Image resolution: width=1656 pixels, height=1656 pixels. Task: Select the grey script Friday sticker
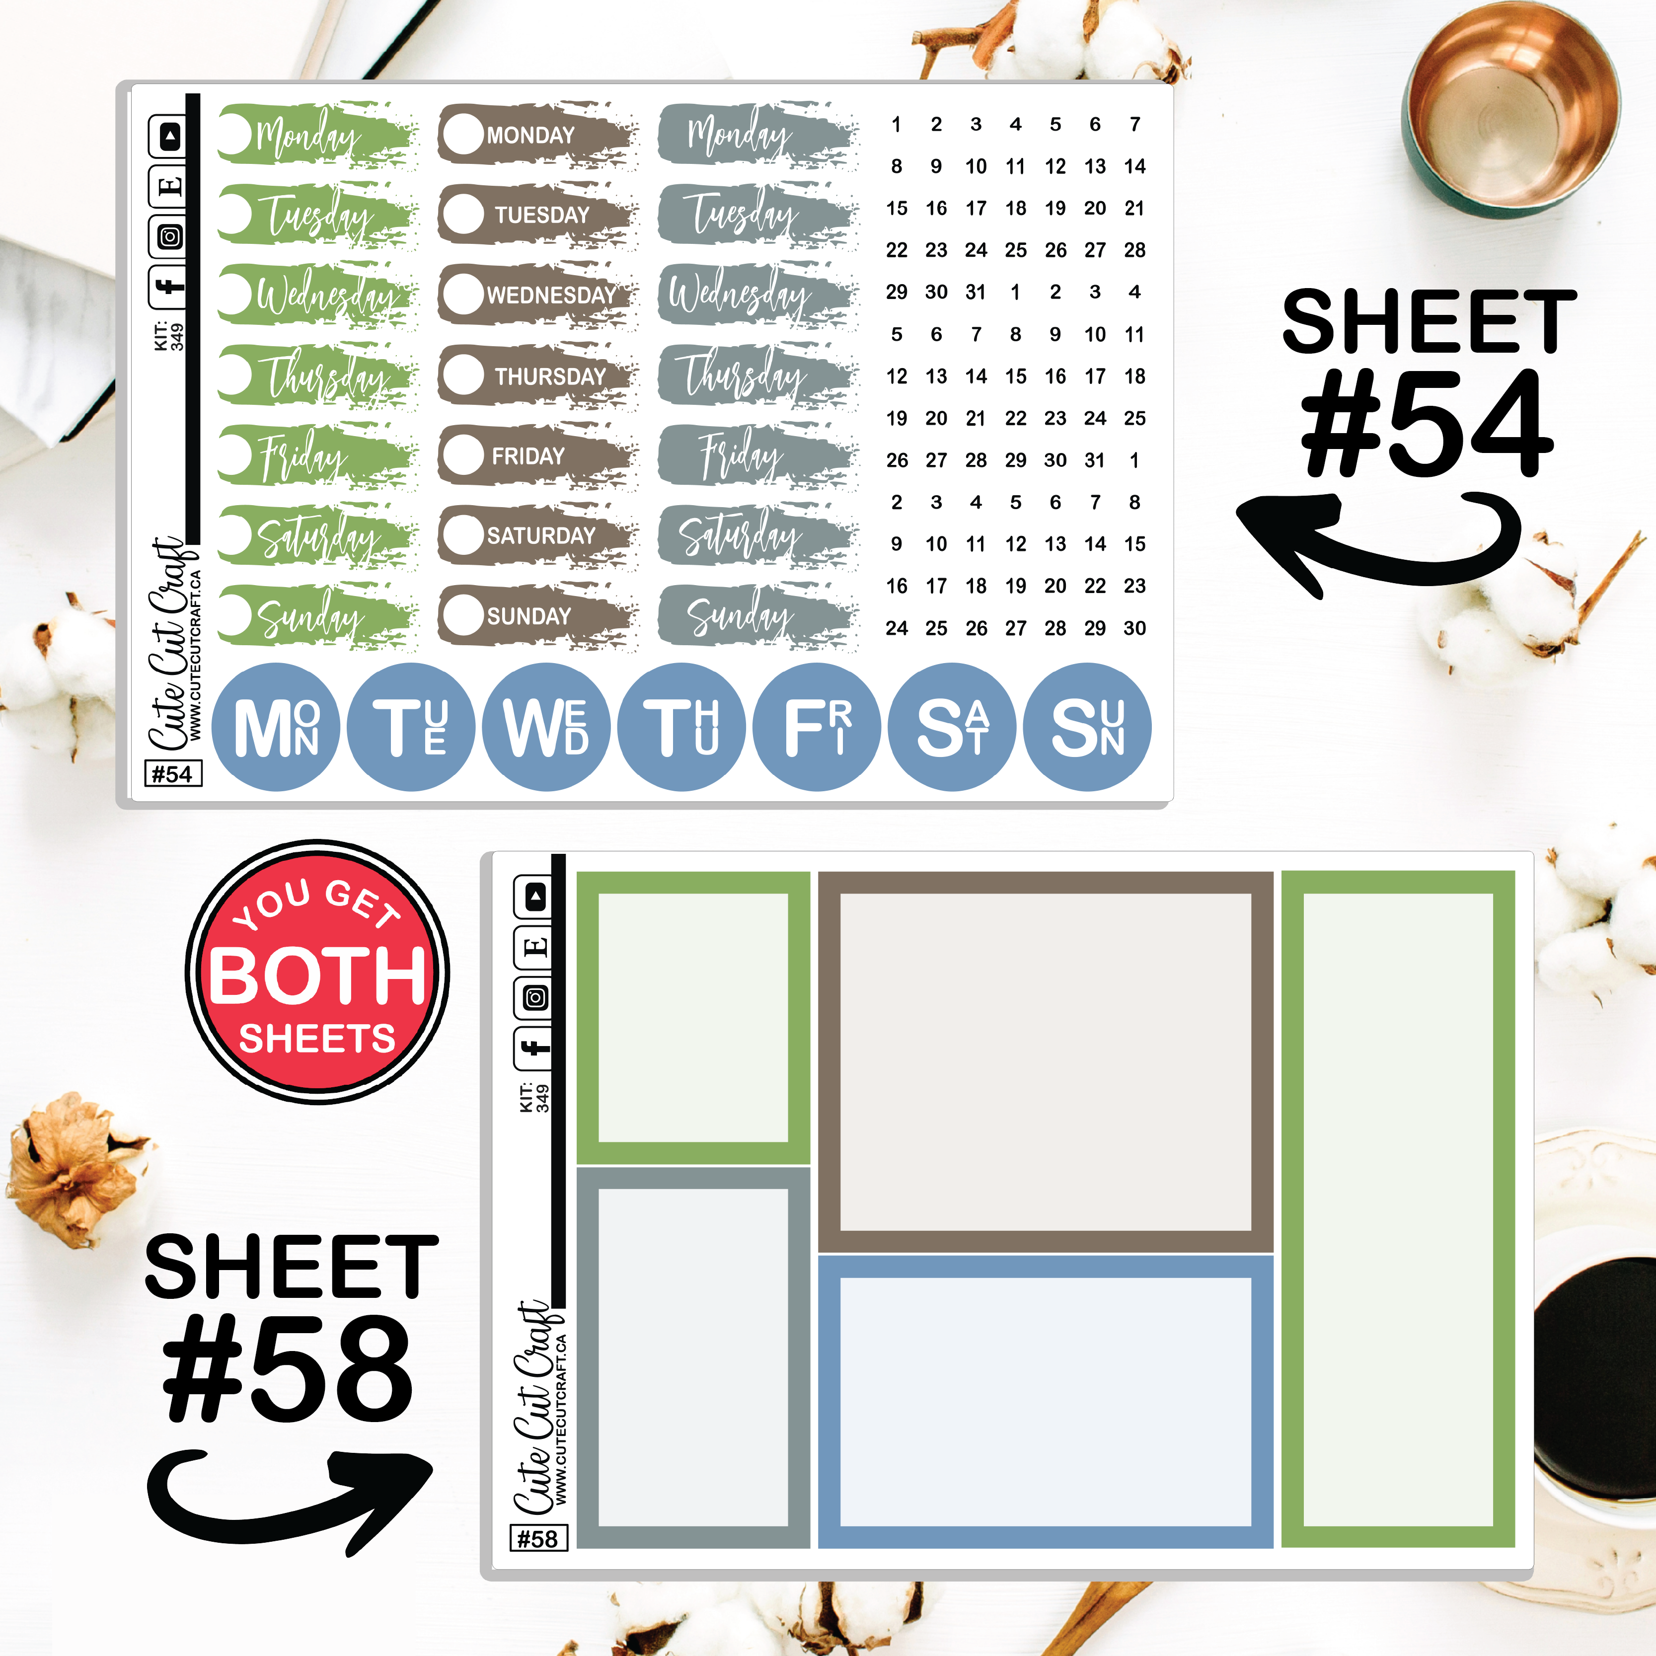point(757,454)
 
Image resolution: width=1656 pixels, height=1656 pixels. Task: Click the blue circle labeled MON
point(276,727)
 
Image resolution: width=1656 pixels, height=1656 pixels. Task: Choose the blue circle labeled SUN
point(1088,727)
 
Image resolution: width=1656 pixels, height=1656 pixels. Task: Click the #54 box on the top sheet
point(172,774)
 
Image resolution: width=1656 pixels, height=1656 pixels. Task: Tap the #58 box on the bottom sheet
point(538,1539)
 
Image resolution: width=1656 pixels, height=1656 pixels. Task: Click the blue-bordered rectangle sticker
point(1046,1402)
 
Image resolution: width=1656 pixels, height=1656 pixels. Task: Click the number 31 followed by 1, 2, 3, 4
point(976,292)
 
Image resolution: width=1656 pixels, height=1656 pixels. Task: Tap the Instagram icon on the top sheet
point(170,236)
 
